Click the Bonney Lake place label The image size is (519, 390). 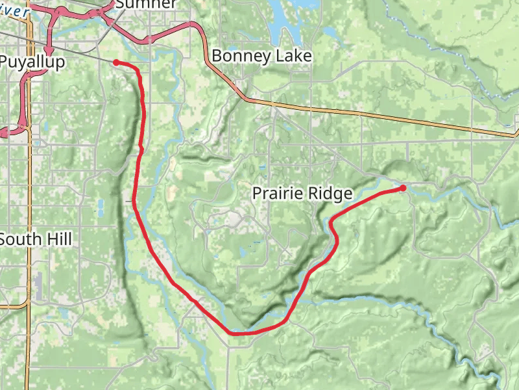[261, 56]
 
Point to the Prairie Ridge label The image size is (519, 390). [302, 193]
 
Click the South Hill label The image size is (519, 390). [36, 239]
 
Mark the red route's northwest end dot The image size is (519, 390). [116, 62]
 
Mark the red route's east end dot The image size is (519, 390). [403, 188]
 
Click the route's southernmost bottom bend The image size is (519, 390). [237, 333]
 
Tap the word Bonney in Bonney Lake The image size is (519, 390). [241, 56]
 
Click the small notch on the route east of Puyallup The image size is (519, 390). [141, 149]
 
